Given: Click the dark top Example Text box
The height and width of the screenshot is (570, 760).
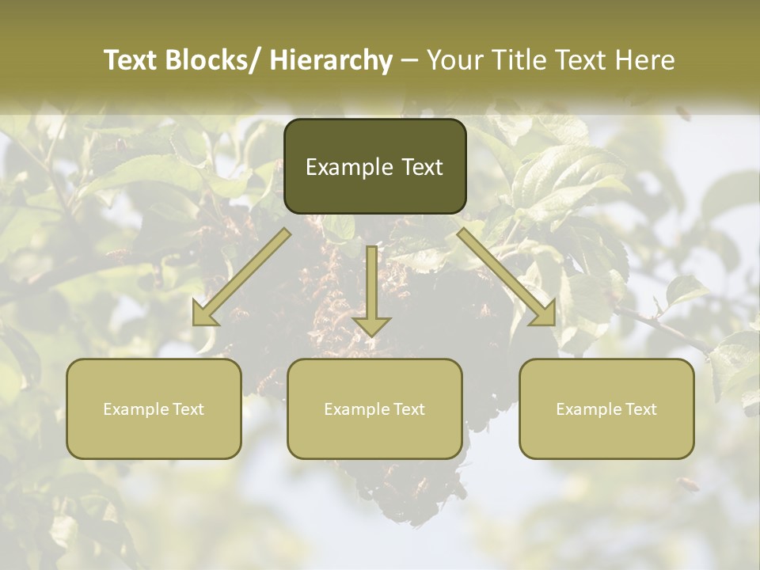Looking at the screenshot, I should pyautogui.click(x=374, y=166).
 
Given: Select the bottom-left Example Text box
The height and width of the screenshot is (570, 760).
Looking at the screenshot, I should pyautogui.click(x=154, y=408).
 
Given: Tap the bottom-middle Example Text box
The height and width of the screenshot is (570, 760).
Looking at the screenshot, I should pyautogui.click(x=374, y=408).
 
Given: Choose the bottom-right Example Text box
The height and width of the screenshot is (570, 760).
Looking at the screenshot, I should pyautogui.click(x=606, y=408).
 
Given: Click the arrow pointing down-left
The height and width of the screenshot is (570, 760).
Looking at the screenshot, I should pyautogui.click(x=241, y=277).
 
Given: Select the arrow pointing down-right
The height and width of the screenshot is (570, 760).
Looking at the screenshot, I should pyautogui.click(x=507, y=277).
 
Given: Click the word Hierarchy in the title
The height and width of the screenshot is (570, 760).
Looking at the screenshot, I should pyautogui.click(x=330, y=60).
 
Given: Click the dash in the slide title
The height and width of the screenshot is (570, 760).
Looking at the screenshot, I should pyautogui.click(x=410, y=60).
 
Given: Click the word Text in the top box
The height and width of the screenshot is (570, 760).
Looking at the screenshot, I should pyautogui.click(x=422, y=167).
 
